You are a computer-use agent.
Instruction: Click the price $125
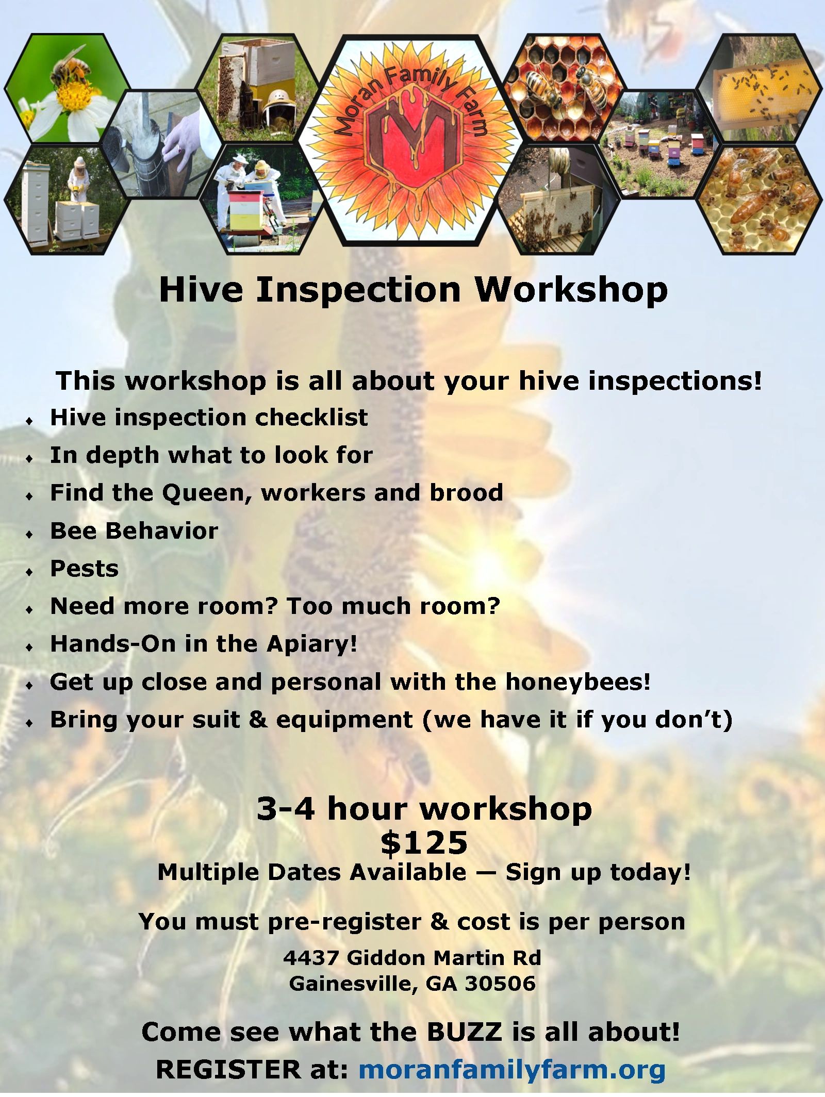[424, 843]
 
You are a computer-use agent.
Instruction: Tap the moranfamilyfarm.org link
[511, 1069]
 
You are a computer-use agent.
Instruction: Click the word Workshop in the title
[571, 290]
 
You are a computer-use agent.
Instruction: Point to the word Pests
[84, 569]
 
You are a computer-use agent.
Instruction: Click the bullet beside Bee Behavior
[29, 534]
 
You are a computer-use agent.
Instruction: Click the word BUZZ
[464, 1032]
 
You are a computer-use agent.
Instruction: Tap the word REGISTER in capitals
[227, 1069]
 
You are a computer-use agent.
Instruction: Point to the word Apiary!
[311, 644]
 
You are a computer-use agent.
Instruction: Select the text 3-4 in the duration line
[285, 808]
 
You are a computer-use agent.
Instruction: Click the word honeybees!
[577, 682]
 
